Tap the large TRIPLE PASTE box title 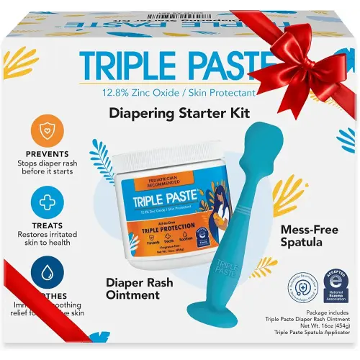click(x=180, y=66)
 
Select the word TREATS click(x=46, y=225)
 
